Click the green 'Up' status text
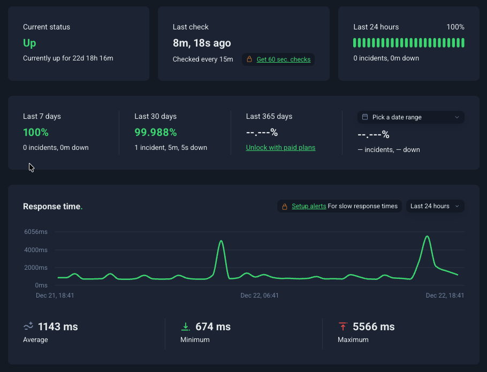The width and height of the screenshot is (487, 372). (x=30, y=43)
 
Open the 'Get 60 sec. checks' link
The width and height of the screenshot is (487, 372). (x=283, y=59)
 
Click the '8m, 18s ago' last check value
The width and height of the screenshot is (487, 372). (x=202, y=43)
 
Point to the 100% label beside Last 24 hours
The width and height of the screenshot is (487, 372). (x=455, y=27)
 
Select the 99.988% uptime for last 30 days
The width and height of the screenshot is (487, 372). (x=155, y=132)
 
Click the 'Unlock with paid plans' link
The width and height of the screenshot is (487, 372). (x=280, y=148)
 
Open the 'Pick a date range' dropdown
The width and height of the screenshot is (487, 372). (x=410, y=117)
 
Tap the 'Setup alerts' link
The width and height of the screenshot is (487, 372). (x=309, y=206)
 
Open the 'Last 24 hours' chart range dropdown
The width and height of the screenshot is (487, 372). (x=435, y=206)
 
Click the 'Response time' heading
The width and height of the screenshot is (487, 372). (x=52, y=206)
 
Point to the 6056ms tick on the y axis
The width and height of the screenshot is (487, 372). (x=35, y=232)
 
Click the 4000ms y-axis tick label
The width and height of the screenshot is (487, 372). (x=35, y=250)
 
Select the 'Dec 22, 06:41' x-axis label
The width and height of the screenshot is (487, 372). (x=260, y=295)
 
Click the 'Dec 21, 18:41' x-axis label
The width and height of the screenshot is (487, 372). (x=55, y=295)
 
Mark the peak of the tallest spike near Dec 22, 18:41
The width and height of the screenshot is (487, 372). (x=427, y=236)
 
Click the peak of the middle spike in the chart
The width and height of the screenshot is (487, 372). (x=221, y=241)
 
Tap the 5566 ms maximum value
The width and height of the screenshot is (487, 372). (x=374, y=327)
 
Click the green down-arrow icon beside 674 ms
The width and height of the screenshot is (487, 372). (x=186, y=327)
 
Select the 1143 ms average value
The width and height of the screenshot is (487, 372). (x=58, y=327)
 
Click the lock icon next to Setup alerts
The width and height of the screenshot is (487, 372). (x=285, y=206)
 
